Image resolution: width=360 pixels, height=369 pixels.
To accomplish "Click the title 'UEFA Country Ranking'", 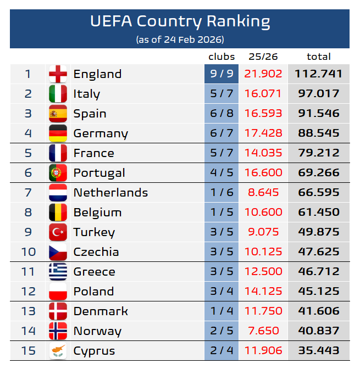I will coord(180,21).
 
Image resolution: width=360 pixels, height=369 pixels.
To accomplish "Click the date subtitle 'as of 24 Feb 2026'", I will coord(180,40).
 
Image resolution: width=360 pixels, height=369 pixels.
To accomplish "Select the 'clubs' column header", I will coord(221,57).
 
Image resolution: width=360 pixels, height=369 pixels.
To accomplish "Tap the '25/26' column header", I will coord(263,57).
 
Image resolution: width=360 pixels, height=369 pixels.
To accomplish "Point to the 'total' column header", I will coord(318,57).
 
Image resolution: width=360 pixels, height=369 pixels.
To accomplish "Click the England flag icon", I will coord(58,74).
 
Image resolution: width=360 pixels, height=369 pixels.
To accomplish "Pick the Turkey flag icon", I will coord(58,232).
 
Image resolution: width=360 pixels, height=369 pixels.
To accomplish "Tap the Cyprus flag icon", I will coord(58,351).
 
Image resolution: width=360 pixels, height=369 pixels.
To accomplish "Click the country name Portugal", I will coord(99,173).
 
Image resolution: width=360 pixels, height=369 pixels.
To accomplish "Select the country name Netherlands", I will coord(110,193).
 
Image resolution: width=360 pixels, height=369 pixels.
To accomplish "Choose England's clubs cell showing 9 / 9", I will coord(221,74).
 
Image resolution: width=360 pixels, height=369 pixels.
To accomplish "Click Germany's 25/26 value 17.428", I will coord(264,133).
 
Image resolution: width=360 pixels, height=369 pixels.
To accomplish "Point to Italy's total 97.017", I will coord(318,94).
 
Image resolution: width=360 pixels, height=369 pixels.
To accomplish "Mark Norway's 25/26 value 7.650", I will coord(264,331).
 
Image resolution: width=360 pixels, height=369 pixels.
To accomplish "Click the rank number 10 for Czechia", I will coord(28,252).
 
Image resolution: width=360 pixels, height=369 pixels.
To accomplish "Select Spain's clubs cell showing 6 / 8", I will coord(221,114).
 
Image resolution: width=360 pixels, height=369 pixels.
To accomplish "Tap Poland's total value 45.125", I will coord(318,292).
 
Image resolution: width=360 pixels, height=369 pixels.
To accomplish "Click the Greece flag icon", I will coord(58,272).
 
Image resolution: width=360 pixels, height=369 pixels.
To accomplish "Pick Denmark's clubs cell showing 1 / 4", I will coord(221,311).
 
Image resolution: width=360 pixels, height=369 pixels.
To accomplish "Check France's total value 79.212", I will coord(318,153).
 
